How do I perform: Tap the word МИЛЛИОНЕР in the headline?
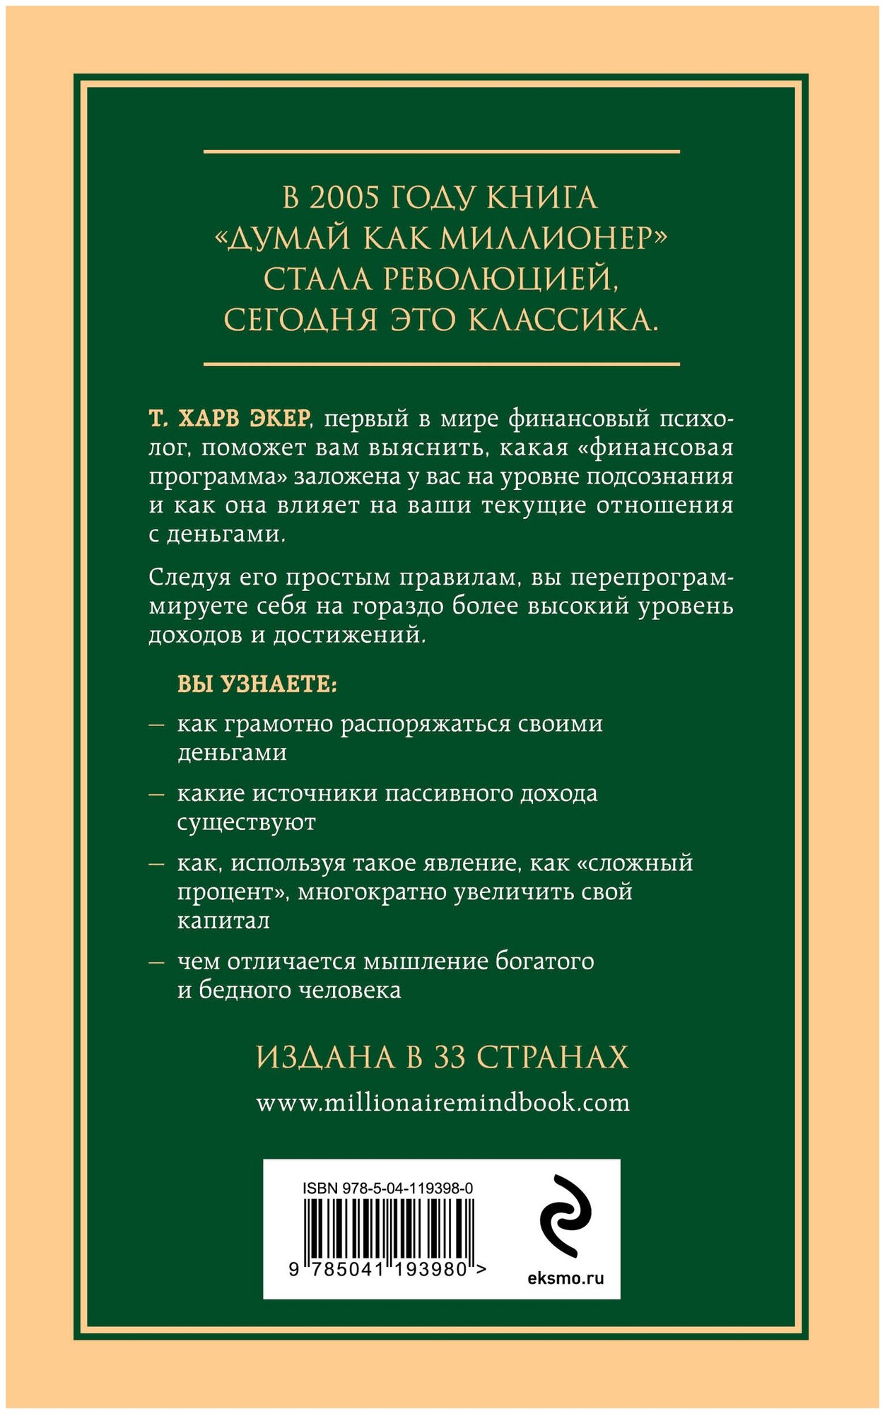tap(552, 239)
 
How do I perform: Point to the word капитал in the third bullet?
tap(223, 921)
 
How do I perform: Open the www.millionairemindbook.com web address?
tap(443, 1104)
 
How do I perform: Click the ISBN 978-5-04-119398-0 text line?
tap(387, 1188)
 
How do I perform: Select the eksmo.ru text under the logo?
tap(565, 1278)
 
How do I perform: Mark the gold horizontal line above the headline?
tap(442, 151)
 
